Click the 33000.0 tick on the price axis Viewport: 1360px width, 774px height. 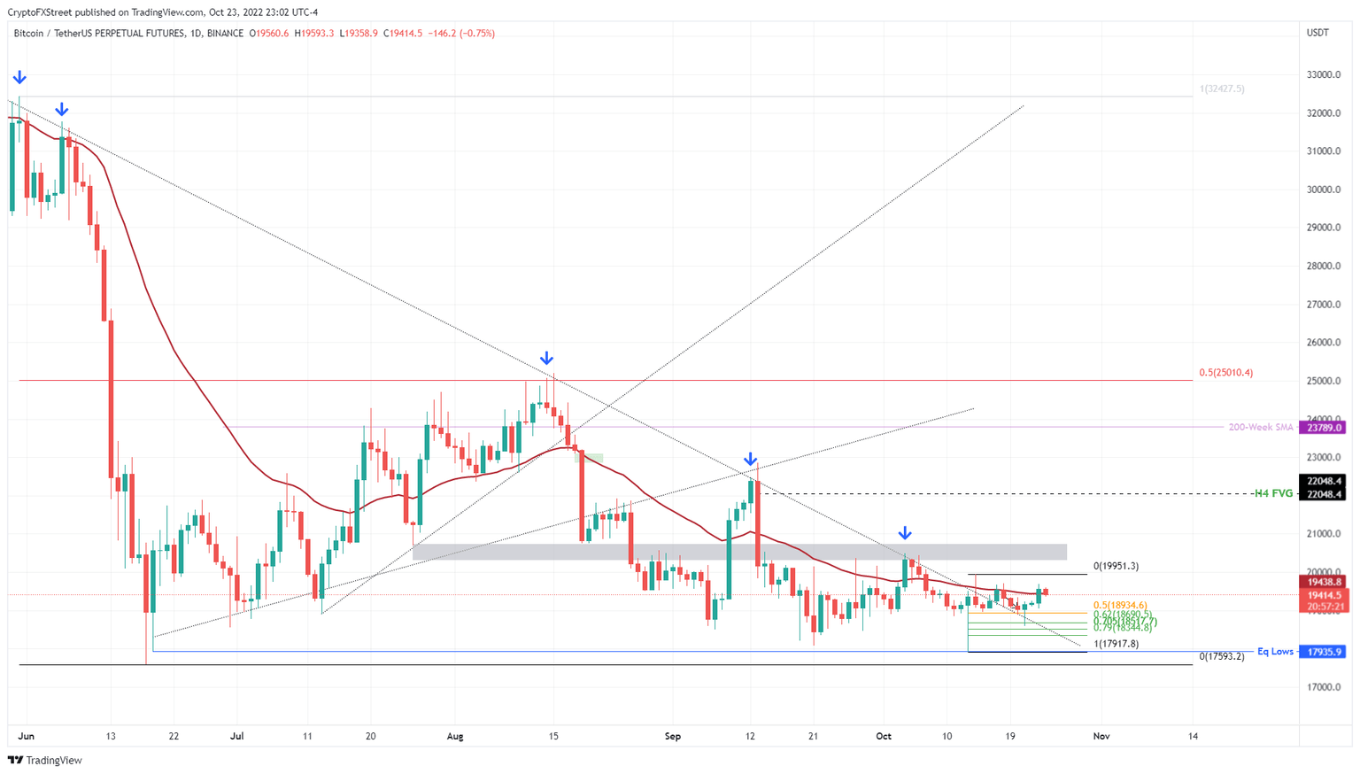click(x=1324, y=74)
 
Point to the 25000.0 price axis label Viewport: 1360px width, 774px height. click(x=1324, y=381)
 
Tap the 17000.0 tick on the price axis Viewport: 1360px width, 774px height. click(x=1324, y=687)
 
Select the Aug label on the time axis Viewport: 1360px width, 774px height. click(x=455, y=736)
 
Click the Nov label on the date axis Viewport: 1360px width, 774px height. click(x=1101, y=736)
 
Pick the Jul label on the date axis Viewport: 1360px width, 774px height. click(x=236, y=736)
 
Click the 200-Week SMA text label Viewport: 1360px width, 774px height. click(x=1260, y=427)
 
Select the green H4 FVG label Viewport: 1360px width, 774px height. click(x=1273, y=493)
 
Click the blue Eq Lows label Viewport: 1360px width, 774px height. click(x=1275, y=652)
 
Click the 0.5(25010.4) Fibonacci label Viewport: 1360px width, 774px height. click(x=1225, y=373)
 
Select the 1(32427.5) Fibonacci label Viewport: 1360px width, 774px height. click(x=1222, y=89)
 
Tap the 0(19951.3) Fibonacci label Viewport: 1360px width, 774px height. click(x=1116, y=566)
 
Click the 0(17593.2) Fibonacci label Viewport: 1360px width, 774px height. click(x=1221, y=656)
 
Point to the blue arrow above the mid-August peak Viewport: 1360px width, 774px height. click(x=547, y=359)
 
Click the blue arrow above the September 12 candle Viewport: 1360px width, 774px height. click(x=751, y=460)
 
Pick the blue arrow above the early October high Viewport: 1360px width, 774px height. click(x=905, y=533)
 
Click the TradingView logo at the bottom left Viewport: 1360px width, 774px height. click(x=45, y=760)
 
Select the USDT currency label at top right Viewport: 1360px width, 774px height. click(x=1317, y=33)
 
